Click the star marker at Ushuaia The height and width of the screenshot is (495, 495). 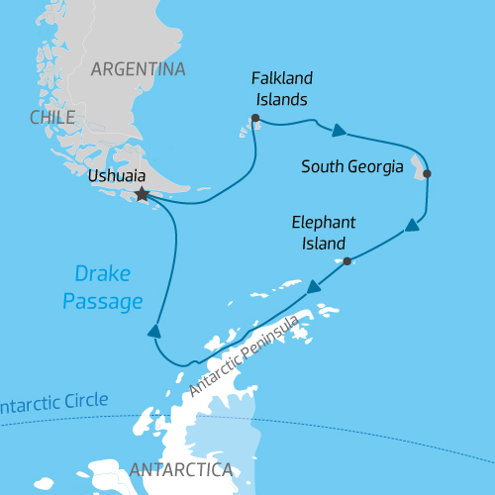pos(142,195)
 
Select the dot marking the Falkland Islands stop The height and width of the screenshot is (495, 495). pos(255,119)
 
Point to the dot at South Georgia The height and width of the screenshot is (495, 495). pos(427,174)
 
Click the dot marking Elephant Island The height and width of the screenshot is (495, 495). pos(347,261)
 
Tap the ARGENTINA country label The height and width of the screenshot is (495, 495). pos(138,69)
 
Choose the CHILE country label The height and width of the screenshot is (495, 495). pos(52,118)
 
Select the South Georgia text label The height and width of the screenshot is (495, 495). pos(352,166)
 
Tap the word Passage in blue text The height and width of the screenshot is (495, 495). pos(102,301)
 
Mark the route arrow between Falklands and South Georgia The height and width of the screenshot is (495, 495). pos(340,130)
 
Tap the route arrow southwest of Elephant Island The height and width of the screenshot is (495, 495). pos(313,287)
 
